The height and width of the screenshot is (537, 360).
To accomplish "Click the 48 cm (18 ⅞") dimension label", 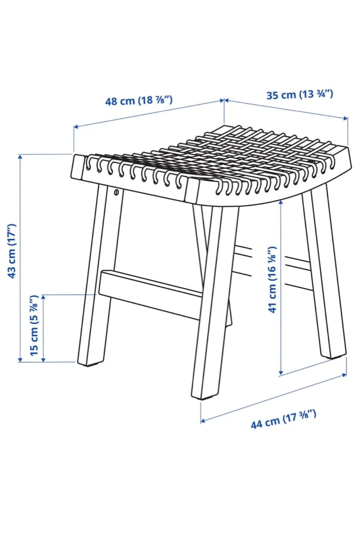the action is pyautogui.click(x=139, y=100).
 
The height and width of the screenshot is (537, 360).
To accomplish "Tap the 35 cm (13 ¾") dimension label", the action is pyautogui.click(x=300, y=94).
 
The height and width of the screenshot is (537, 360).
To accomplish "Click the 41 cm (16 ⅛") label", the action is pyautogui.click(x=272, y=279).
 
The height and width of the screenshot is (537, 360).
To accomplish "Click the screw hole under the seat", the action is pyautogui.click(x=116, y=192).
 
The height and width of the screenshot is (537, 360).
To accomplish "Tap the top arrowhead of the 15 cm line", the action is pyautogui.click(x=43, y=298).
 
